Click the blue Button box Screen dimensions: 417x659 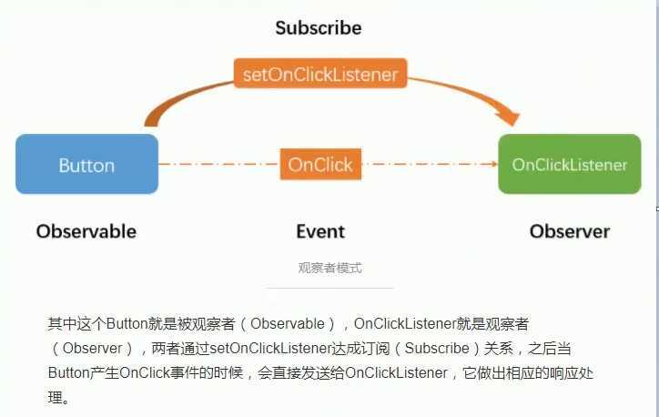86,165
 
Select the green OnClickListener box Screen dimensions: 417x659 570,165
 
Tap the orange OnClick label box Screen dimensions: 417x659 320,165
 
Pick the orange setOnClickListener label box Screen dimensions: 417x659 319,74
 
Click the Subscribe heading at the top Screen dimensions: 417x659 319,28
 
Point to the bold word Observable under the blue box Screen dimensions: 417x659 86,231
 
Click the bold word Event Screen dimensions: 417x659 320,231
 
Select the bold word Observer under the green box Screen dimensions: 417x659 570,231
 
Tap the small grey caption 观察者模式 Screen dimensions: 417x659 329,268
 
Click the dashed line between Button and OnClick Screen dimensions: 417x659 218,165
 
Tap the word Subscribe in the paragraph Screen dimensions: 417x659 437,349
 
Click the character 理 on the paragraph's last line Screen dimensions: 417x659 54,398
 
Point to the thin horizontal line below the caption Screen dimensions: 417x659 329,288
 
